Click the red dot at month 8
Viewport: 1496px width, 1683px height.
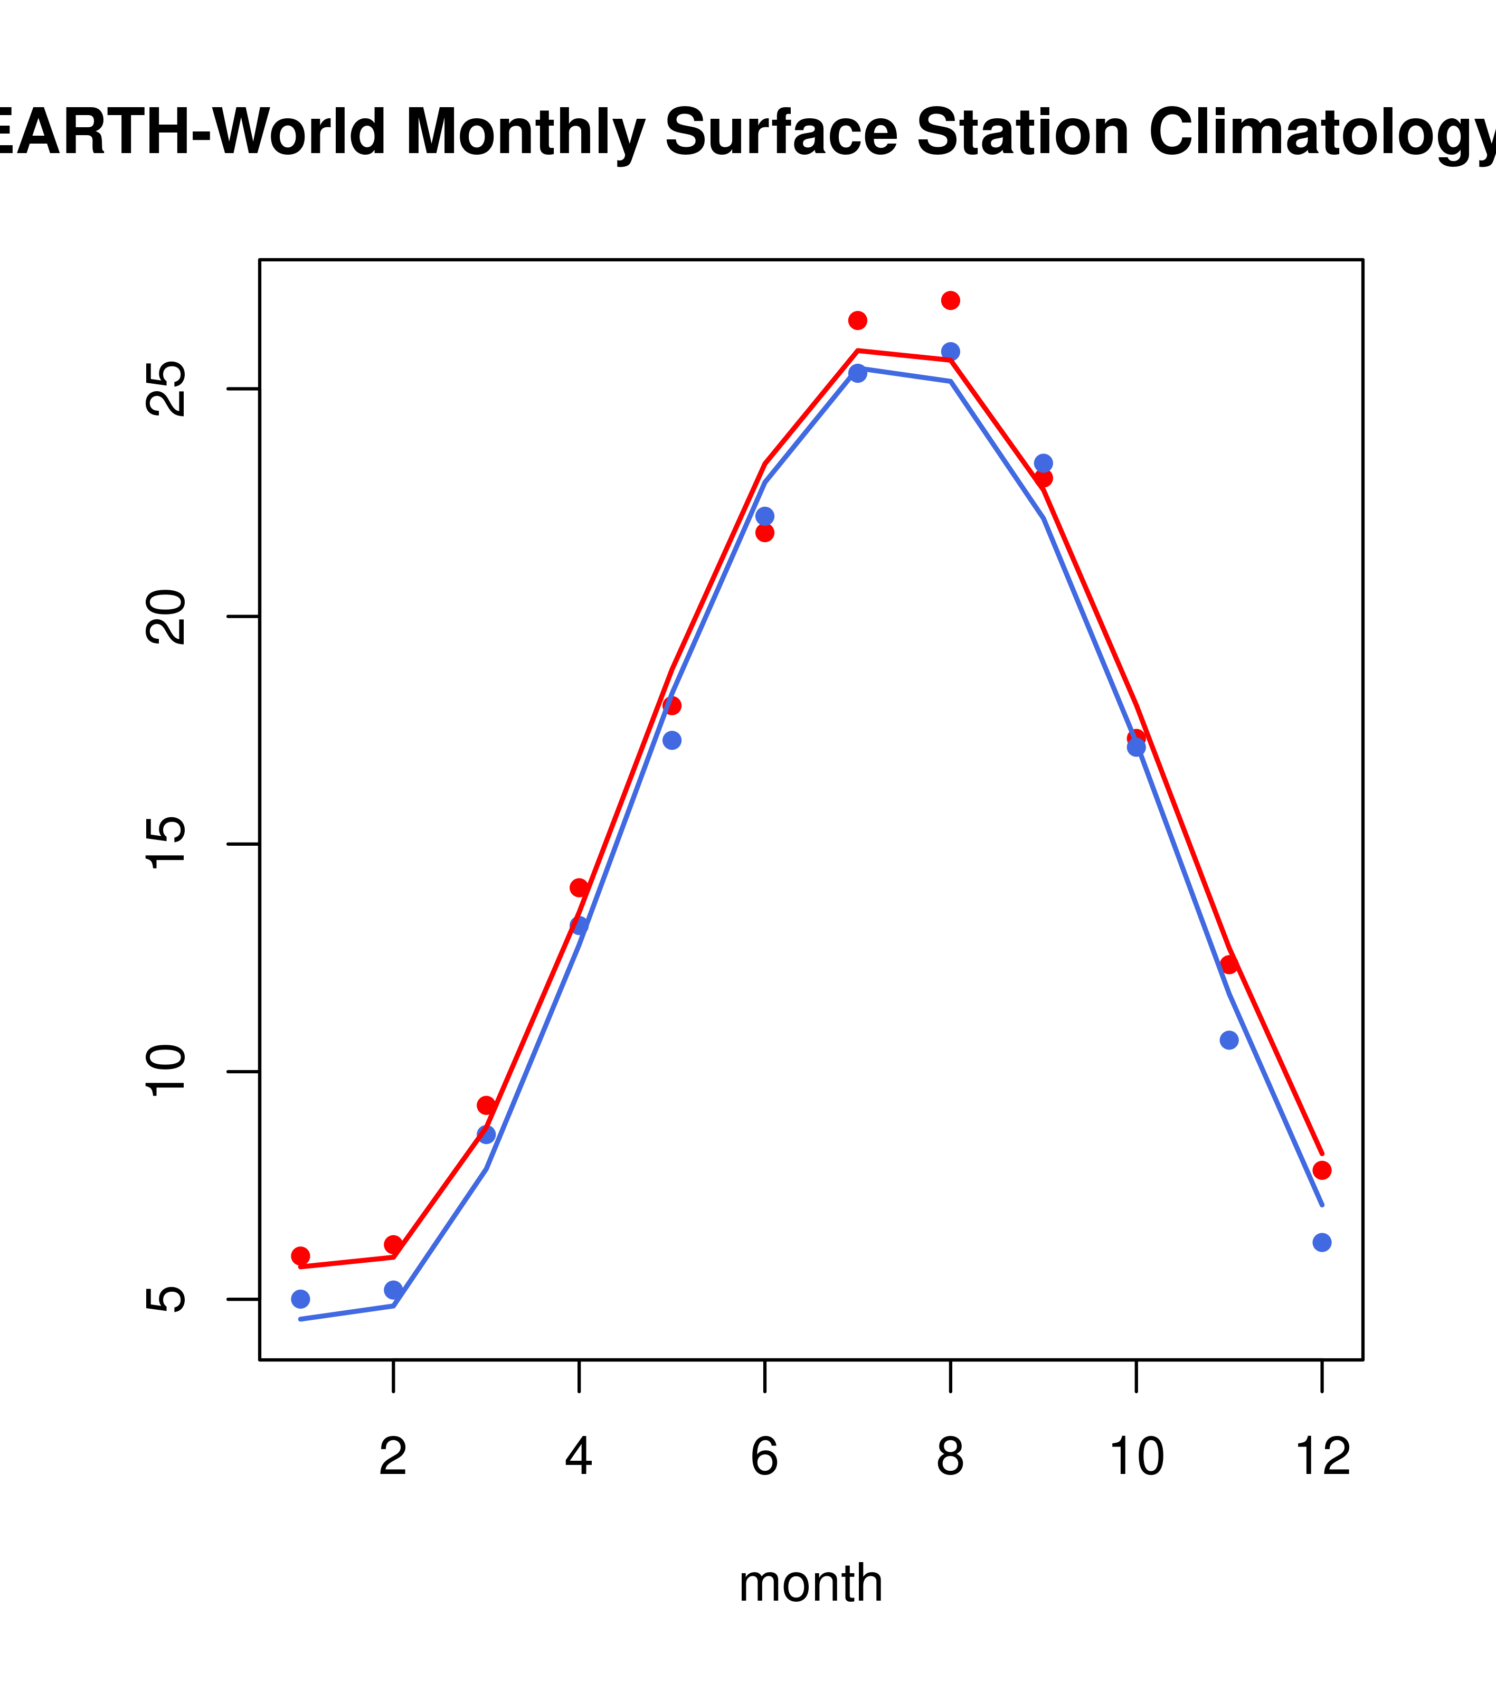950,300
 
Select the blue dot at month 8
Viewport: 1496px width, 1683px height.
950,352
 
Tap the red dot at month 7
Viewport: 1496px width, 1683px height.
857,320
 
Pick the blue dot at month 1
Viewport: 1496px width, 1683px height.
300,1299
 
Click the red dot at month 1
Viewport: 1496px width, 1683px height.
300,1256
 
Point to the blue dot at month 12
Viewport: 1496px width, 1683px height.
1321,1243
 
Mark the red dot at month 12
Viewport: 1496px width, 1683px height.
1321,1170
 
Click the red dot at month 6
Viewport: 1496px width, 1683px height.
765,533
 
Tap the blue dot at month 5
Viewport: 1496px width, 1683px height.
672,740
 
